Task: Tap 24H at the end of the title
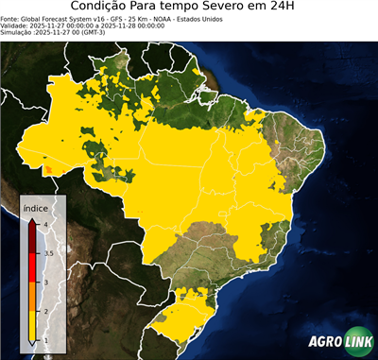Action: [x=294, y=9]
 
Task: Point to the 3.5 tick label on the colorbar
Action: [x=48, y=252]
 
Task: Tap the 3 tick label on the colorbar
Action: [x=46, y=282]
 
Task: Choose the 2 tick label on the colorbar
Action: [x=46, y=311]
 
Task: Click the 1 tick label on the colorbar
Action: [x=46, y=340]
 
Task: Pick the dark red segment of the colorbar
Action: [x=31, y=237]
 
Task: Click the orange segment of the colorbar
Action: [x=31, y=296]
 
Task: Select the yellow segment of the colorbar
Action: [x=31, y=325]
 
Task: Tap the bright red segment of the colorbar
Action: [x=31, y=266]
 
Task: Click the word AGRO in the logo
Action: [x=323, y=342]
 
